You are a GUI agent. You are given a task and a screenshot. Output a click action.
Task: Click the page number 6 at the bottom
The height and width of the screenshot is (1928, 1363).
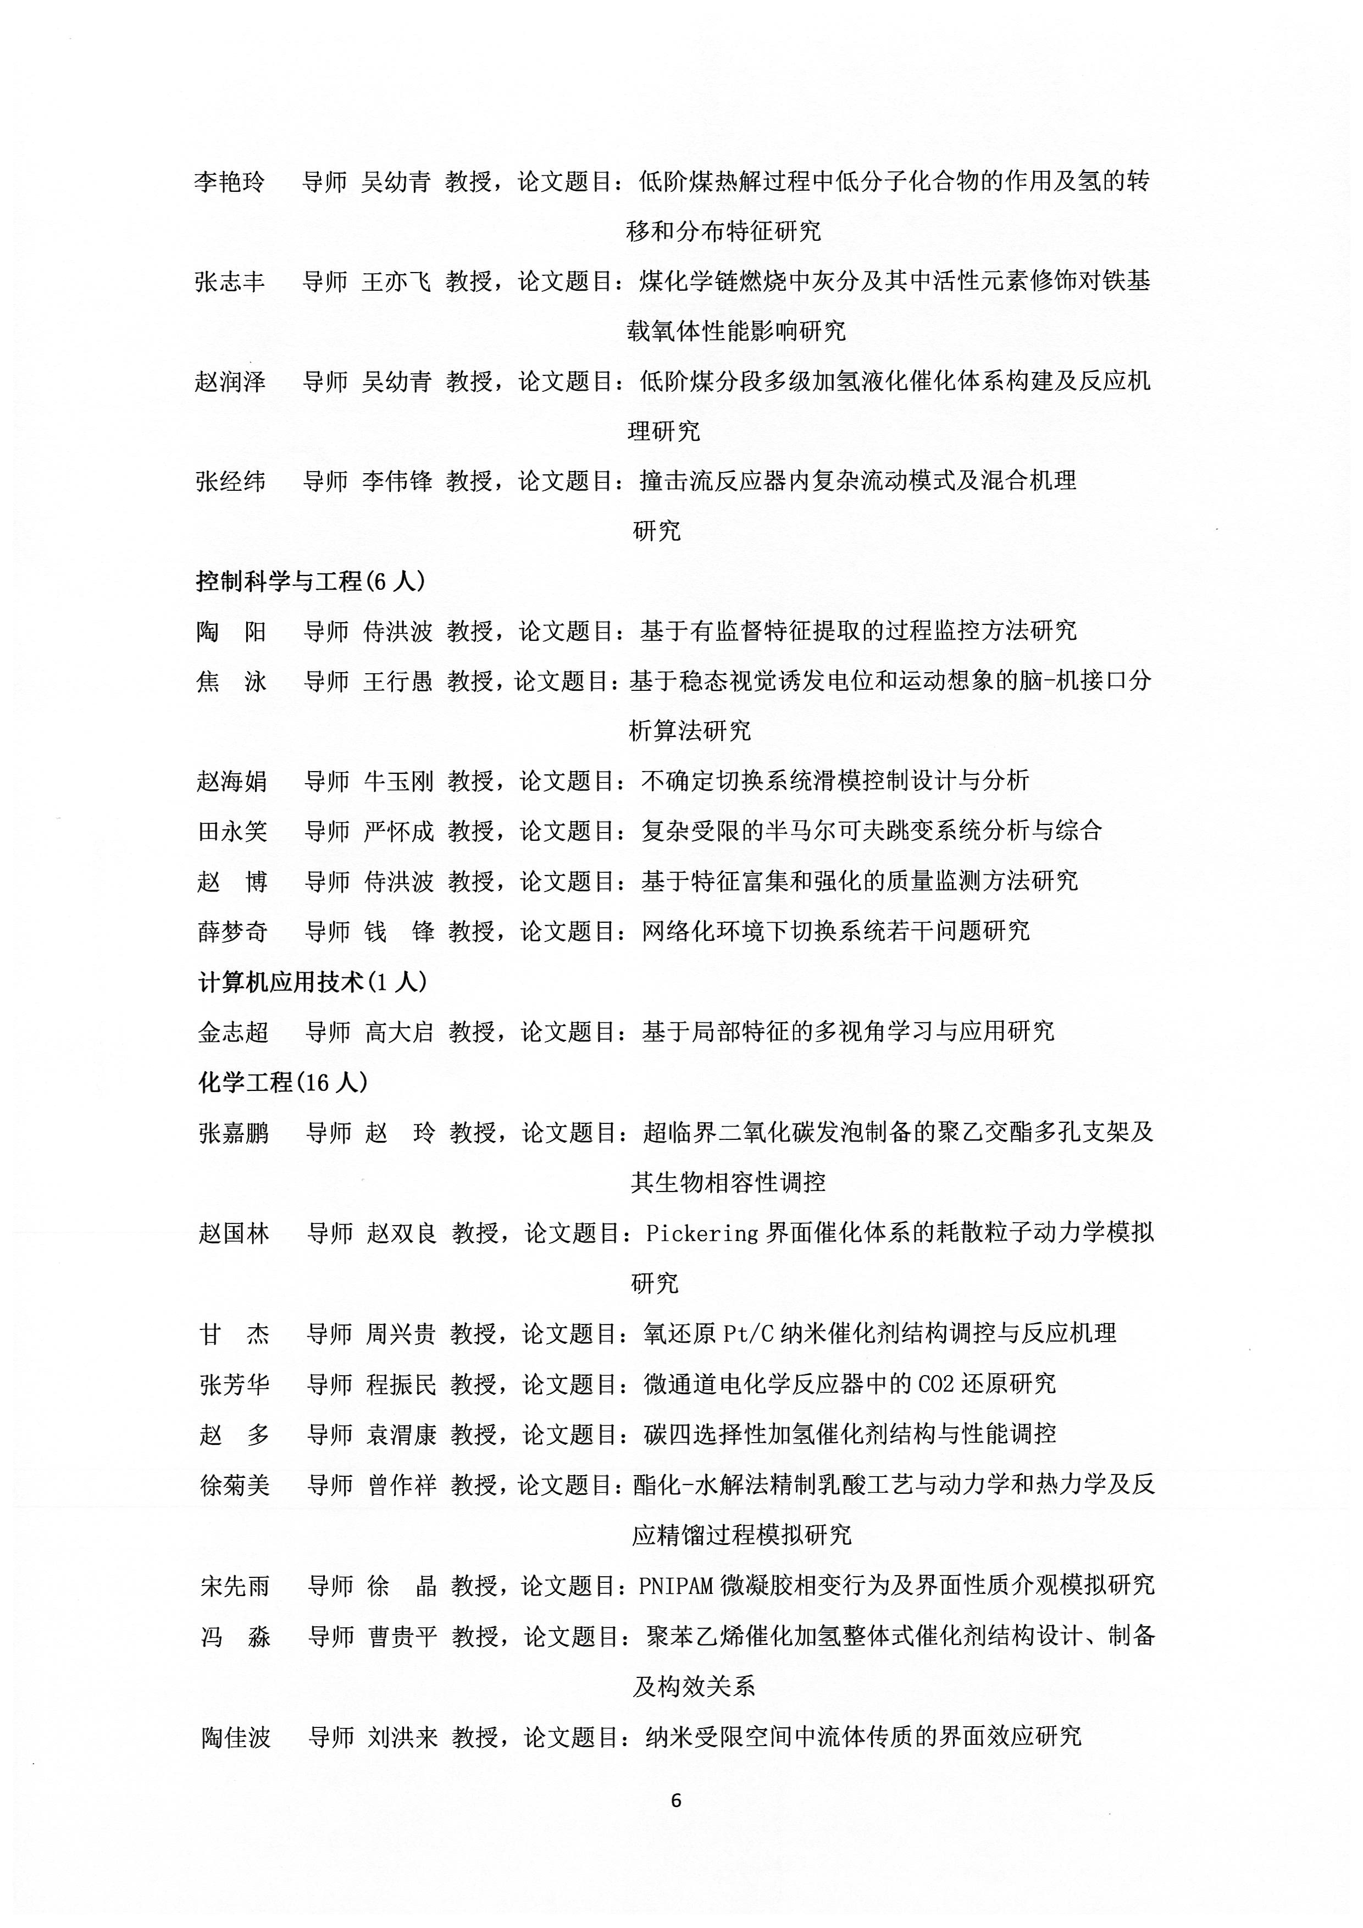click(676, 1799)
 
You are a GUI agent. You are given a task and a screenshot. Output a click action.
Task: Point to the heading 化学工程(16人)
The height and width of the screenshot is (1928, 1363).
click(283, 1082)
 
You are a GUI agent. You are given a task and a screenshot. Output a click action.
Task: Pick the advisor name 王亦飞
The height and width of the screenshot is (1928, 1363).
click(396, 281)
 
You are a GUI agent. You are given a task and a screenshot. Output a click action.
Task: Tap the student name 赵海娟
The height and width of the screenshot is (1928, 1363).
click(232, 781)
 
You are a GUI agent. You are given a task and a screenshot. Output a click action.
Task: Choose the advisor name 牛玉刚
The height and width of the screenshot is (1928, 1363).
click(399, 781)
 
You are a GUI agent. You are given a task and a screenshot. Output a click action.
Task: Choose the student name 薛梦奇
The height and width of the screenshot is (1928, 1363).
click(232, 931)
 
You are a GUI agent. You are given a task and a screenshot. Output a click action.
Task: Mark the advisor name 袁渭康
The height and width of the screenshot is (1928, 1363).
click(401, 1434)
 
